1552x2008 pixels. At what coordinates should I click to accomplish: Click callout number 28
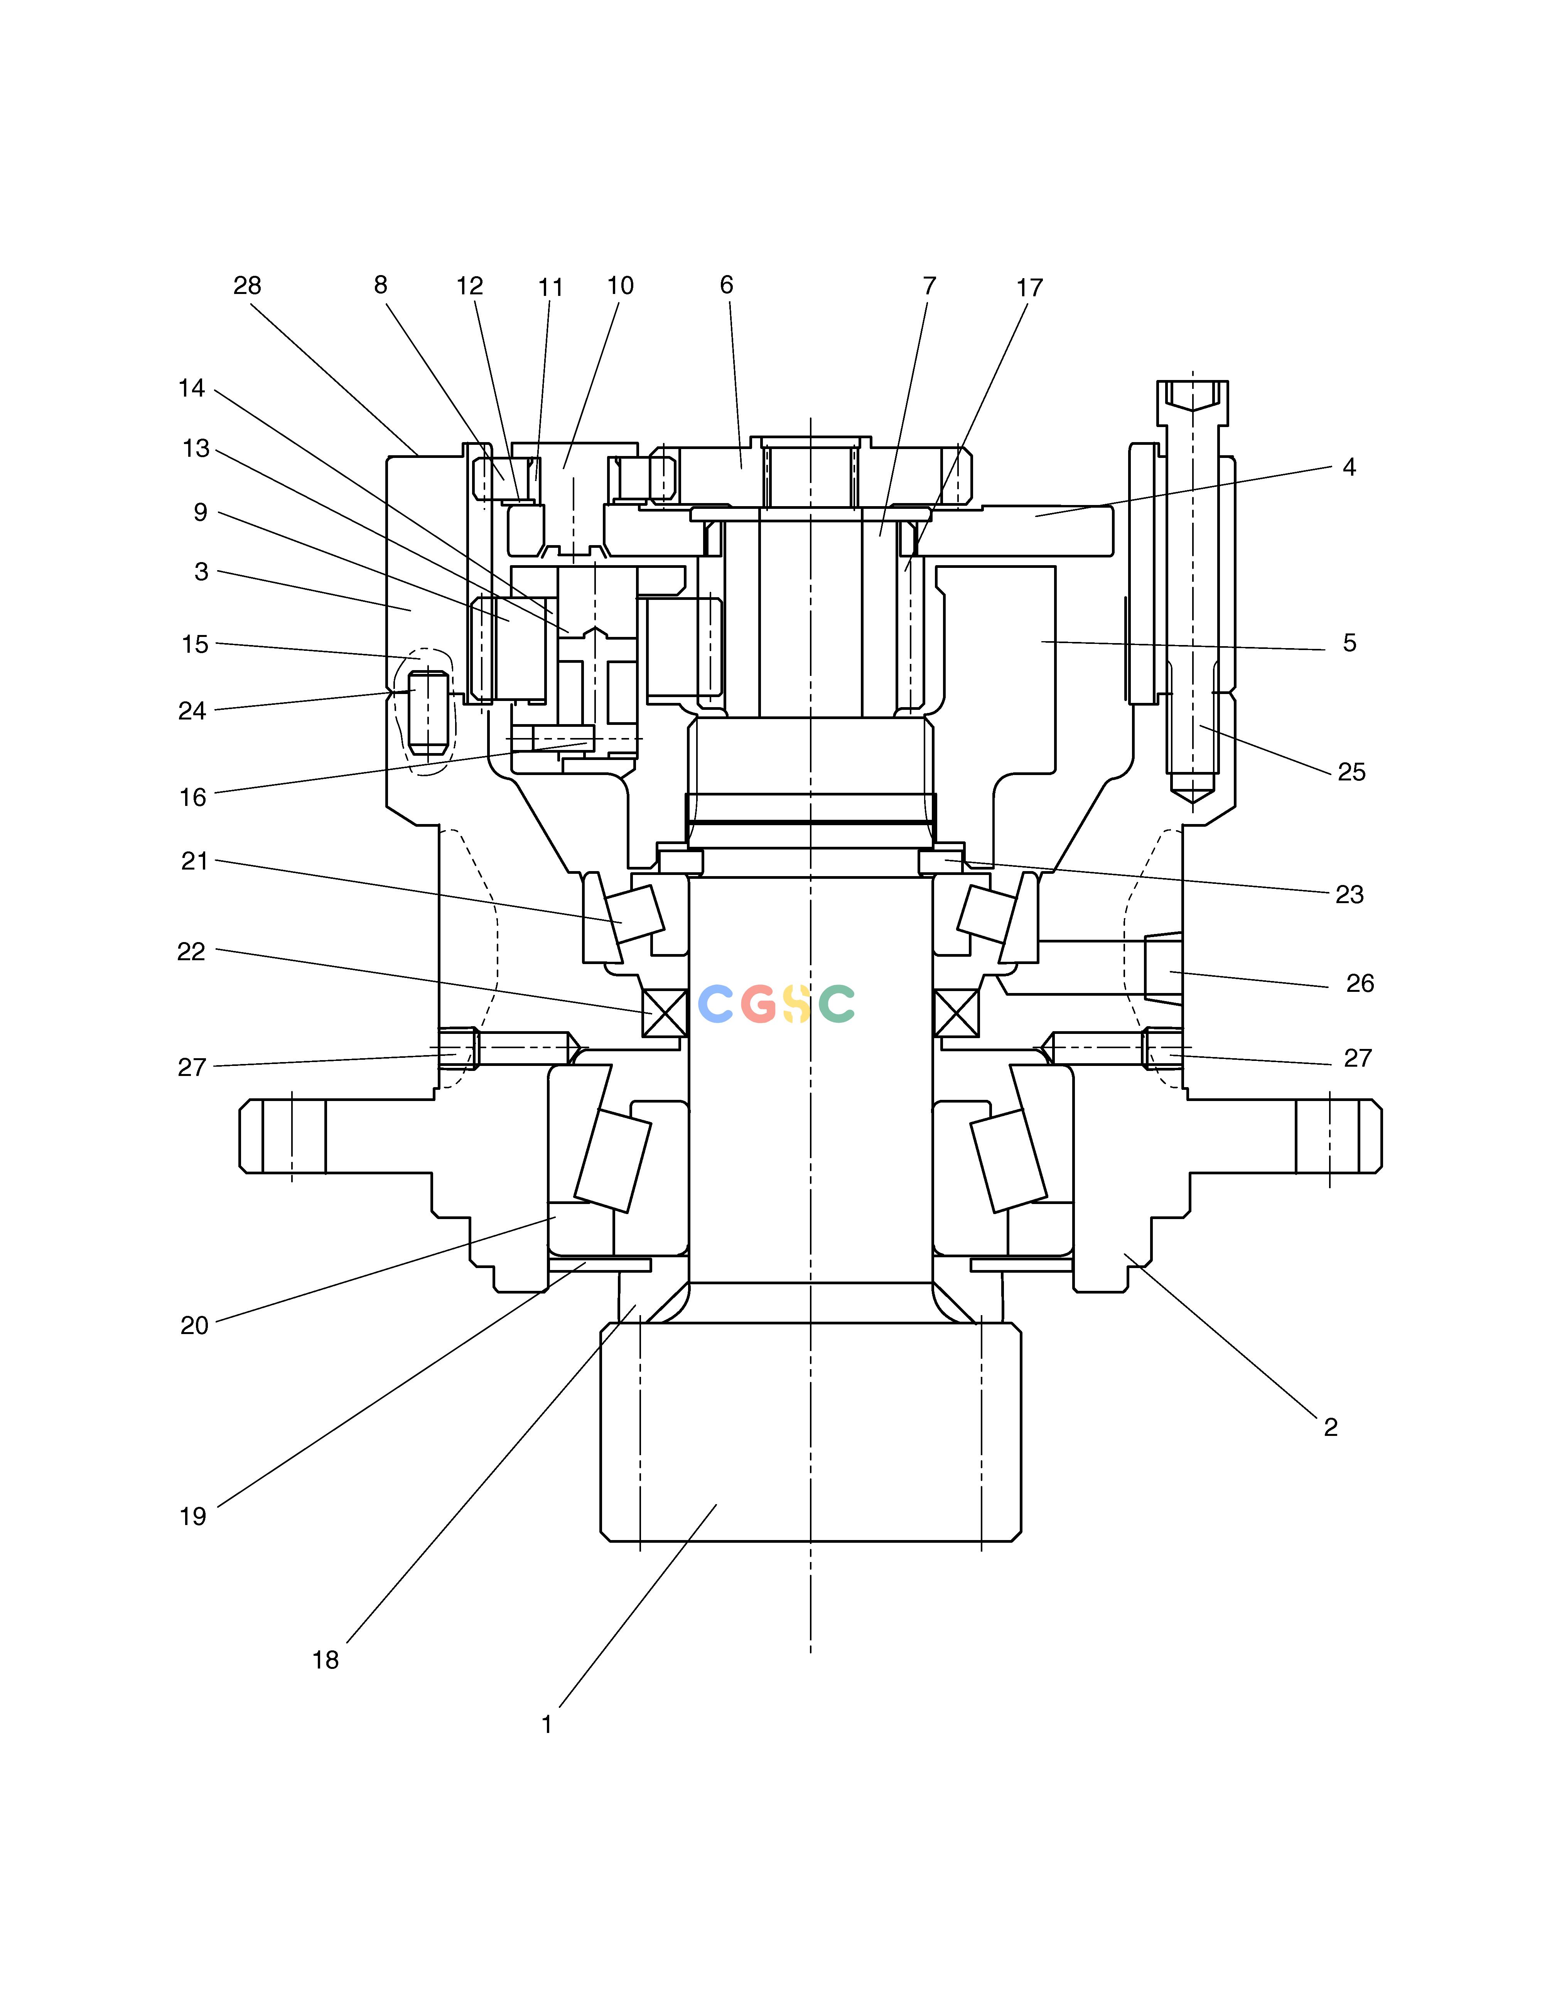tap(247, 286)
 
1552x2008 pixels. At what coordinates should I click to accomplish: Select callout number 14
tap(191, 389)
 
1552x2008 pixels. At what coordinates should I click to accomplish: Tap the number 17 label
tap(1030, 288)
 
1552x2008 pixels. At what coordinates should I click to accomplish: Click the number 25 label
tap(1351, 772)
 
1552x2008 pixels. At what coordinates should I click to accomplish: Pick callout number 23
tap(1350, 895)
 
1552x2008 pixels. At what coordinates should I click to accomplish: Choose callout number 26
tap(1360, 984)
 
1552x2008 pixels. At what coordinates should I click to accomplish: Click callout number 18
tap(326, 1660)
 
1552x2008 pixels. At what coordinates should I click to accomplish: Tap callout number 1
tap(547, 1725)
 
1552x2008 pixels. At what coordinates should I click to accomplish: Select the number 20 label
tap(194, 1326)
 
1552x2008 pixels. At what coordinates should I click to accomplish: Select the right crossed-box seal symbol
tap(956, 1013)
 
